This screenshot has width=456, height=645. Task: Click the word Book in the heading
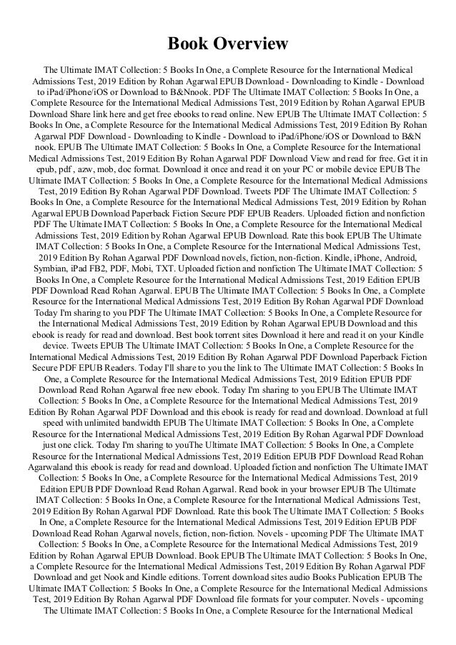tap(188, 44)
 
